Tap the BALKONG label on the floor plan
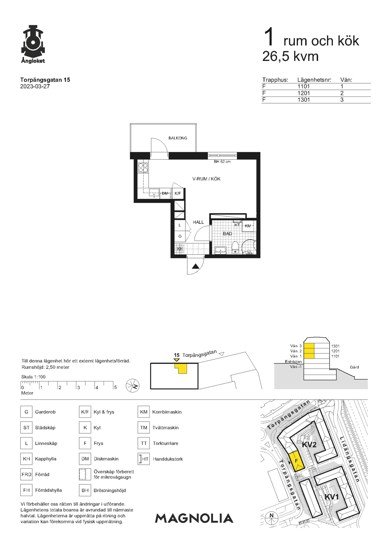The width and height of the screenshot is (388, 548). (178, 138)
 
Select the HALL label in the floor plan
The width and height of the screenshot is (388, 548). (198, 222)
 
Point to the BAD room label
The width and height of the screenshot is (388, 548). (227, 234)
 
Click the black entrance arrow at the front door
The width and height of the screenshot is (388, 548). (196, 266)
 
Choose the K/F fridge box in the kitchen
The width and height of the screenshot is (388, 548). (178, 193)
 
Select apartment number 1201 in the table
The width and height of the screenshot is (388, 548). (303, 93)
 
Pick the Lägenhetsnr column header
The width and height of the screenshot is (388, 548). (314, 80)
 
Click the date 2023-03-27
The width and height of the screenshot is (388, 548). (35, 86)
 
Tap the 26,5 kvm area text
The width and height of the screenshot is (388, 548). (290, 57)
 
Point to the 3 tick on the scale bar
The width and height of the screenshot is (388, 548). (79, 388)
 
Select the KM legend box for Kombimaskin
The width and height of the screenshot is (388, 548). (144, 412)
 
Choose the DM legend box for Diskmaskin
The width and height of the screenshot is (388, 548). (85, 459)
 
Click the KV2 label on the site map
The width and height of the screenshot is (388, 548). (309, 444)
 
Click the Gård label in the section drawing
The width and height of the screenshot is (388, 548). (354, 367)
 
